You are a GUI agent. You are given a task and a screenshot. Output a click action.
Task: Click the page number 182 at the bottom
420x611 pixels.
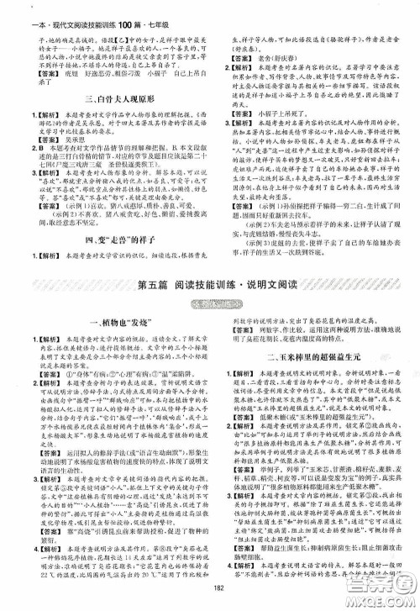coord(210,587)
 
